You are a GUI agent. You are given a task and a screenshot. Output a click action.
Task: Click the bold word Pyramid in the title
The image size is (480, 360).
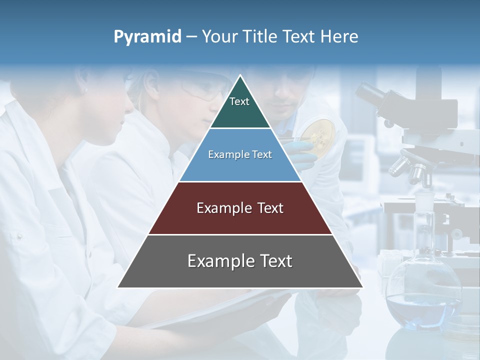coord(147,37)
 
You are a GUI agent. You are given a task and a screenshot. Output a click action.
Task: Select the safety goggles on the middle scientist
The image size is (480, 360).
coord(205,90)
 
